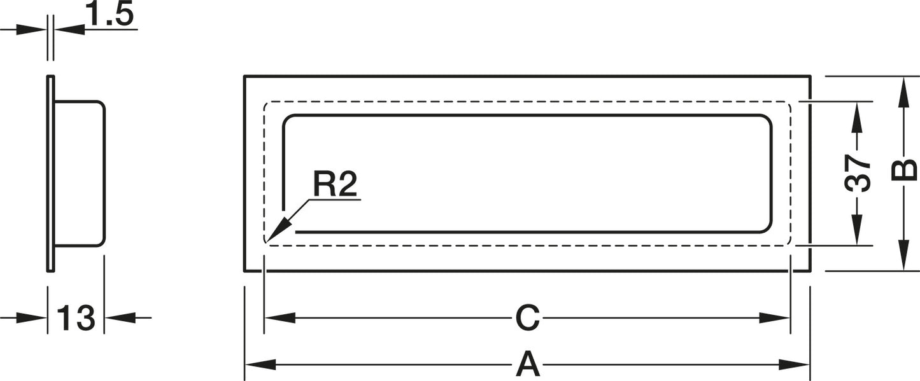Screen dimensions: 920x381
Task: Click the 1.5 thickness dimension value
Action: pos(110,14)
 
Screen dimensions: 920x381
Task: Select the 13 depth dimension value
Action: pos(76,318)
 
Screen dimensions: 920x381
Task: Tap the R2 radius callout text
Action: pos(335,184)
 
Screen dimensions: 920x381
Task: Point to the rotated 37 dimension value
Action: pos(858,173)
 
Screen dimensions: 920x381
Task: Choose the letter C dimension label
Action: pos(527,318)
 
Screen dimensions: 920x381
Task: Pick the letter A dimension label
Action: pos(527,364)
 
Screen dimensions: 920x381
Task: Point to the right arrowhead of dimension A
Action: pos(794,364)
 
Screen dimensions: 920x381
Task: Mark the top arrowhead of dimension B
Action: pos(903,92)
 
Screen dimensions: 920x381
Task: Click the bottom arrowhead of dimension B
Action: pos(903,255)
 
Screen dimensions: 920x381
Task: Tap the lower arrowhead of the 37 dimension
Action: pos(857,230)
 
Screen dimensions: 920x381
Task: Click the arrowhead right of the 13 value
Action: pos(120,318)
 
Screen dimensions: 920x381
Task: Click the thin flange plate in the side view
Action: pos(50,174)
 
